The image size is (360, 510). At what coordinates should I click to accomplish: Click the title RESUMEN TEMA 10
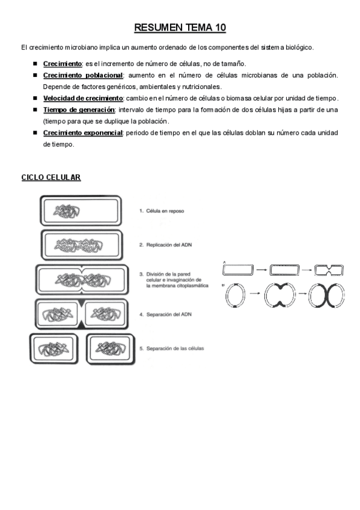pyautogui.click(x=180, y=28)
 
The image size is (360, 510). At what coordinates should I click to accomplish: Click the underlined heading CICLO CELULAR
pyautogui.click(x=51, y=177)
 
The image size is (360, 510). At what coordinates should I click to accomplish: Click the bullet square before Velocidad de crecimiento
pyautogui.click(x=35, y=98)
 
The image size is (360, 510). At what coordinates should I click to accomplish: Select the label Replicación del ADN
pyautogui.click(x=165, y=245)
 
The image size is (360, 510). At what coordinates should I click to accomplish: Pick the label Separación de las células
pyautogui.click(x=171, y=348)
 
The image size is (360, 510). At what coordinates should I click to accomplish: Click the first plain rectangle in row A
pyautogui.click(x=237, y=269)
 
